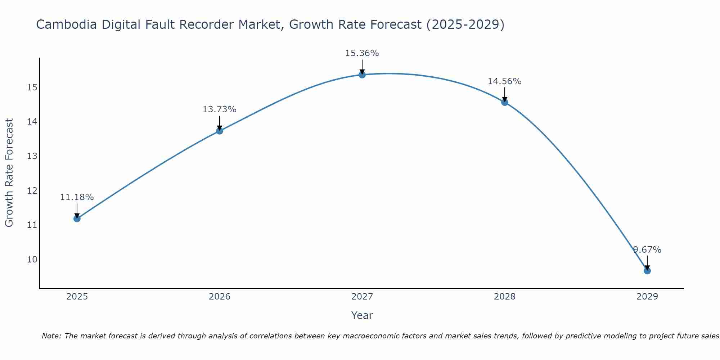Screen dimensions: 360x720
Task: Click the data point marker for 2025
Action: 77,219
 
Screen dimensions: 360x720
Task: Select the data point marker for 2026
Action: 220,131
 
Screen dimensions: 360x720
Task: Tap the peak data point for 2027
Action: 362,75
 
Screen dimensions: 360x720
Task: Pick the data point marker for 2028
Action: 505,102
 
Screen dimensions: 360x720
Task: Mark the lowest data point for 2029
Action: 647,271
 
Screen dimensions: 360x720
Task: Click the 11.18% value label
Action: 77,197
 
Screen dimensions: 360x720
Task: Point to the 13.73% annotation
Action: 220,109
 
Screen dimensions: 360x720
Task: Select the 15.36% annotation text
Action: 362,53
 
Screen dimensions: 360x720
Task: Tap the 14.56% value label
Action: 505,81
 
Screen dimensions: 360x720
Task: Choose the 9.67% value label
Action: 647,250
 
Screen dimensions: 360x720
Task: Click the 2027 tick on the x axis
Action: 362,297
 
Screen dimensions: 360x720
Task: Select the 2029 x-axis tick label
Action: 647,297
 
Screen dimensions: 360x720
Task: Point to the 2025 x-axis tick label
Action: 77,297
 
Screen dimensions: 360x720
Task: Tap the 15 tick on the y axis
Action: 32,87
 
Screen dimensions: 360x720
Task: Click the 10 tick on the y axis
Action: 32,260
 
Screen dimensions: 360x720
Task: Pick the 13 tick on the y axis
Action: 32,156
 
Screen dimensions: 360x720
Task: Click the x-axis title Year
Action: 362,315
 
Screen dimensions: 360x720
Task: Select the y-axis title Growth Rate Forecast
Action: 9,173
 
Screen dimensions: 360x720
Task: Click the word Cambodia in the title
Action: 67,25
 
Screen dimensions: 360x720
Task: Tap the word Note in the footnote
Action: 51,336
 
